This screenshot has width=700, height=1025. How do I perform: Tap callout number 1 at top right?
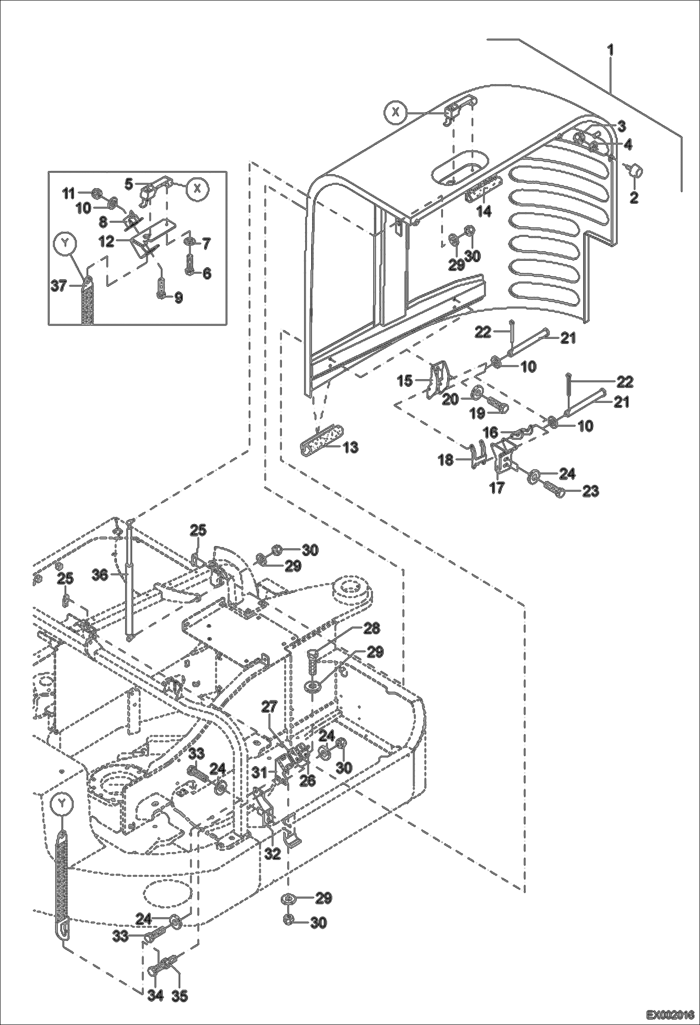click(x=611, y=50)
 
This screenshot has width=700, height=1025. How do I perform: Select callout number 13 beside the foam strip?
click(x=350, y=447)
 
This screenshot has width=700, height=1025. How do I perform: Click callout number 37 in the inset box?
click(x=59, y=286)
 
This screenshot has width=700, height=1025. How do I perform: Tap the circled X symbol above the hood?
click(x=396, y=112)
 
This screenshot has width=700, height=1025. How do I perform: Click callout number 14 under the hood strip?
click(x=484, y=211)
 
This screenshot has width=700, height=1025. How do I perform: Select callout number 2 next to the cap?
click(x=634, y=197)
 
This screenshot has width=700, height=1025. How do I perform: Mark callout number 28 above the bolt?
click(x=372, y=628)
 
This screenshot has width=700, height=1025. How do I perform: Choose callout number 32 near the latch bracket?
click(x=272, y=854)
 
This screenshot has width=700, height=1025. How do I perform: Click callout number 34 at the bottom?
click(x=156, y=996)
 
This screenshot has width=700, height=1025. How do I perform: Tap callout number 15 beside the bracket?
click(x=406, y=381)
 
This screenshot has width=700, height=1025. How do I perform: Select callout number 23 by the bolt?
click(x=591, y=491)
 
